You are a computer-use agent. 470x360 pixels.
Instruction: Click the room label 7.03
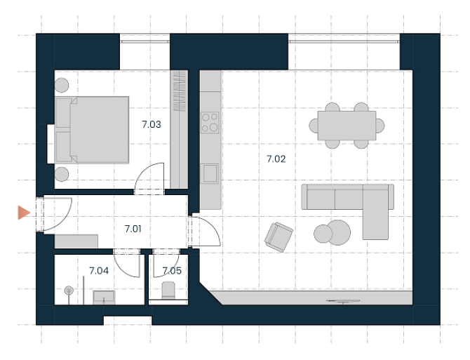(152, 124)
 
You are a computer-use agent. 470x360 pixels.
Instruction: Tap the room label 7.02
(276, 159)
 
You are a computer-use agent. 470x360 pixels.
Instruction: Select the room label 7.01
(133, 229)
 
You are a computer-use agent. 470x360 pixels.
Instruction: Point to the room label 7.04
(99, 271)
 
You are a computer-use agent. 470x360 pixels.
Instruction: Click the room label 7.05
(172, 271)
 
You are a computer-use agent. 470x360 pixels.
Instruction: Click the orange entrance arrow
(24, 213)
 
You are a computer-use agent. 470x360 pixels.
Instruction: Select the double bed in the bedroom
(93, 130)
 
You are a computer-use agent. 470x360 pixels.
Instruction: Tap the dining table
(347, 126)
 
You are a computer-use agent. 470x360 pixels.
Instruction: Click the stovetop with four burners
(210, 123)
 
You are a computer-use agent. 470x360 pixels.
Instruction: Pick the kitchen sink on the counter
(210, 173)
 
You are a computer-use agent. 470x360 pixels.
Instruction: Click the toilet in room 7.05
(168, 290)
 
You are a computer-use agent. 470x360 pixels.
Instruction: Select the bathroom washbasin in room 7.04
(104, 298)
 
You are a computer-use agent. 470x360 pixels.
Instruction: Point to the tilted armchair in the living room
(278, 237)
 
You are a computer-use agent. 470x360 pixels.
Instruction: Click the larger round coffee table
(338, 232)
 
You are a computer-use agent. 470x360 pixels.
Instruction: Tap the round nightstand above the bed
(62, 85)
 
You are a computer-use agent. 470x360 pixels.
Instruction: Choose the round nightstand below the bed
(62, 174)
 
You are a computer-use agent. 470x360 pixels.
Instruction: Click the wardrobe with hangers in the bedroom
(180, 130)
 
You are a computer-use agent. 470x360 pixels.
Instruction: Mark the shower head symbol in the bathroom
(69, 291)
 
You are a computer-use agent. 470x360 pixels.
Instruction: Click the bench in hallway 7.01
(76, 241)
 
